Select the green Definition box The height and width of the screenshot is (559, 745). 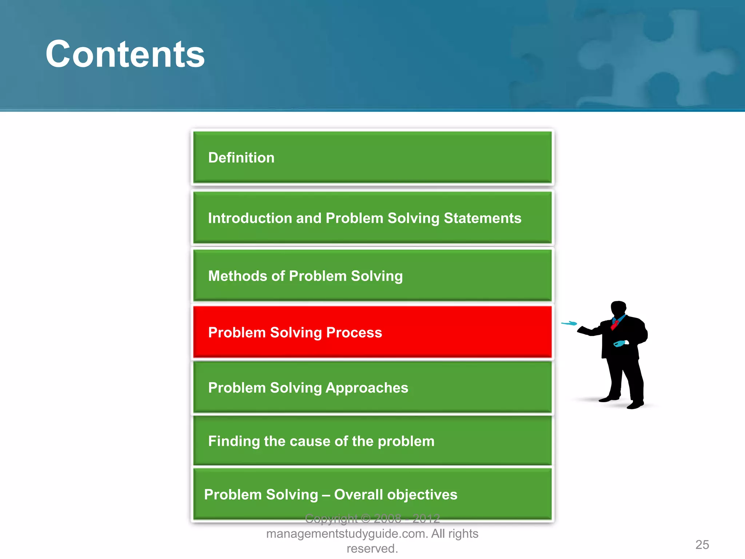click(372, 158)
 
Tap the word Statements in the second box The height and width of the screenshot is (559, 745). click(482, 218)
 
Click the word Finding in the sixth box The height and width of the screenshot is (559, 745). click(234, 441)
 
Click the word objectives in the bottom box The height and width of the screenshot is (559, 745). click(422, 495)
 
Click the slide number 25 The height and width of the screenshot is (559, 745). click(702, 544)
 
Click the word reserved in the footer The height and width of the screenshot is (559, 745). click(371, 548)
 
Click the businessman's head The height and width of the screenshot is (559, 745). click(618, 309)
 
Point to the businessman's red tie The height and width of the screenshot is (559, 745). click(615, 324)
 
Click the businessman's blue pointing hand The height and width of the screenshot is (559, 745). click(569, 323)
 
